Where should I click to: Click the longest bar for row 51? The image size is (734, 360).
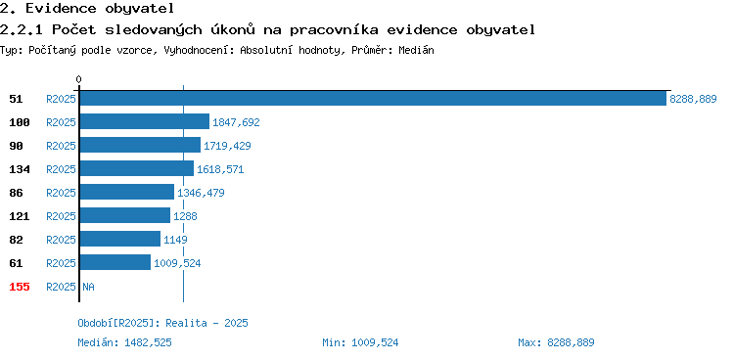coord(373,98)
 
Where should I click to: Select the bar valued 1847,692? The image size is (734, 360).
coord(145,121)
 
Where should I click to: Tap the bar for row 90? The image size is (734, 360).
coord(140,145)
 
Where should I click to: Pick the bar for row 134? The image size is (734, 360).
coord(137,168)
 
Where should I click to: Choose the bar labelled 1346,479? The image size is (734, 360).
coord(127,192)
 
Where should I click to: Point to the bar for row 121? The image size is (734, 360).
coord(125,215)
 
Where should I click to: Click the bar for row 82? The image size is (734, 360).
coord(120,239)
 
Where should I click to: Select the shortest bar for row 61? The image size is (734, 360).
coord(115,262)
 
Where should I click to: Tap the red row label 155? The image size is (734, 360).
coord(20,287)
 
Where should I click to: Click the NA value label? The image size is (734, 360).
coord(88,287)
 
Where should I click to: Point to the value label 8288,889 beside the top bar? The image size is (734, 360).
coord(693,99)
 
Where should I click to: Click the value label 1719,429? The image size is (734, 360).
coord(227,146)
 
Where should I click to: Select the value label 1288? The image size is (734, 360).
coord(185,216)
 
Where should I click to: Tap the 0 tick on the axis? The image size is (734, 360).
coord(78,79)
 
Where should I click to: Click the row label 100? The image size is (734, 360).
coord(20,122)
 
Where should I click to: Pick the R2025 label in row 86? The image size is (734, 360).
coord(61,193)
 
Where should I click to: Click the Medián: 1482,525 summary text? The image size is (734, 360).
coord(124,342)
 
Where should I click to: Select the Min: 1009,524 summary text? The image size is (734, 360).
coord(360,342)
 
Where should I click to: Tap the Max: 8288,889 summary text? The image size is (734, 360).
coord(556,342)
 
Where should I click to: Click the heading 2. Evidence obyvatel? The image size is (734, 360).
coord(87,8)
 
